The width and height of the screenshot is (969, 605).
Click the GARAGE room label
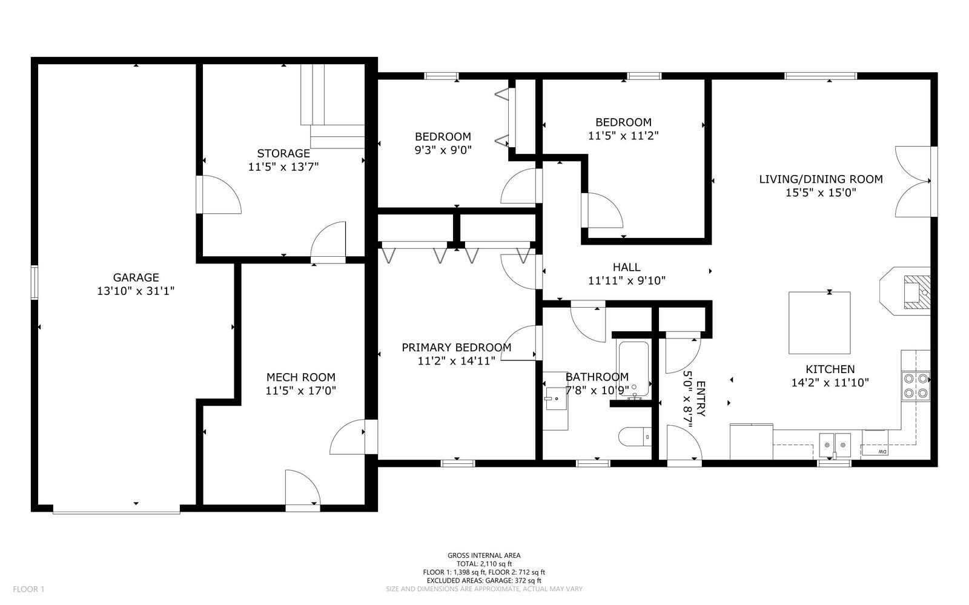point(136,277)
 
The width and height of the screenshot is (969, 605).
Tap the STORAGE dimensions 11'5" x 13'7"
point(283,167)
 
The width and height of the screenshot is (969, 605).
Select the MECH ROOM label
point(300,377)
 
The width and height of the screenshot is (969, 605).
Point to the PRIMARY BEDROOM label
point(457,347)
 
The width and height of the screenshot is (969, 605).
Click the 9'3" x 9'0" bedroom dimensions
point(443,150)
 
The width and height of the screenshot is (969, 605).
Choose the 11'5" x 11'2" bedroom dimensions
point(623,136)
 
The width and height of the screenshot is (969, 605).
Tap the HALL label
point(626,267)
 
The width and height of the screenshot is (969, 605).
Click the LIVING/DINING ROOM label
point(821,179)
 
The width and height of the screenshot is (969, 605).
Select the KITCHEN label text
point(830,369)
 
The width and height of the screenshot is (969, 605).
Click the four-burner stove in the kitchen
point(916,386)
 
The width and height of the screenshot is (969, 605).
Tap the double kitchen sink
point(835,443)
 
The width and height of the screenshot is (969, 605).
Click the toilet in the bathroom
point(635,437)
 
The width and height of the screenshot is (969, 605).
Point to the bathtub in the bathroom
point(633,369)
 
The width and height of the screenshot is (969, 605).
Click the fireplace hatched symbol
point(917,293)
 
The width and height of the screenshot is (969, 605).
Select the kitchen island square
point(819,323)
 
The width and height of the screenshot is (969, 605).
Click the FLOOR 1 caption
point(28,589)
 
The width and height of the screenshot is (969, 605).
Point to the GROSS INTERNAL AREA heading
point(484,555)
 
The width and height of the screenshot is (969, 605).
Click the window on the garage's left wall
point(34,283)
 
